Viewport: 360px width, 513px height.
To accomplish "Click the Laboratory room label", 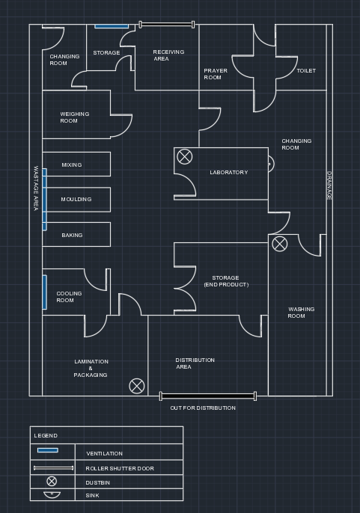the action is click(228, 173).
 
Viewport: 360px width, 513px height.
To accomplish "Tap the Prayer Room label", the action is click(216, 74).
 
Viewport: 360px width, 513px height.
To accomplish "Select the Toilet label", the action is click(306, 70).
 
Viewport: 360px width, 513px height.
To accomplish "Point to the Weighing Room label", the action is click(74, 117).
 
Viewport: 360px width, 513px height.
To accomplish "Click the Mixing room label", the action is click(72, 165).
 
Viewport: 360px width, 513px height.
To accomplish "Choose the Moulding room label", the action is click(76, 199).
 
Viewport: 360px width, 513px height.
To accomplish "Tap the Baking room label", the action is click(72, 236).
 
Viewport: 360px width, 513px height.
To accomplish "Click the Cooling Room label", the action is click(69, 297).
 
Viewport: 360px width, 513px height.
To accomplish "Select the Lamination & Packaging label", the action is click(91, 368).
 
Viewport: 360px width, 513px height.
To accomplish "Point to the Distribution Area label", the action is click(195, 363).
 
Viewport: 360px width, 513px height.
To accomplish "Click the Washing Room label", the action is click(301, 313).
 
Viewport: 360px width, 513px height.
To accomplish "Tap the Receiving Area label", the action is click(168, 55).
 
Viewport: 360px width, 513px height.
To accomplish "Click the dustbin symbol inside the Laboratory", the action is click(185, 156).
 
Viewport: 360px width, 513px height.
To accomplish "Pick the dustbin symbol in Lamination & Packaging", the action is click(137, 386).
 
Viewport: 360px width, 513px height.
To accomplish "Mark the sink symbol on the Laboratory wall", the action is click(271, 164).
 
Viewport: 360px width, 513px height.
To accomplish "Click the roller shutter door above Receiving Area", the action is click(167, 25).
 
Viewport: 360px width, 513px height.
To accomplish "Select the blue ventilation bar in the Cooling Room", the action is click(45, 292).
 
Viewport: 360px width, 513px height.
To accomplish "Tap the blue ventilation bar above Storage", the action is click(112, 26).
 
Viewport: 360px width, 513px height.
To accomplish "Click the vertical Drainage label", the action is click(329, 185).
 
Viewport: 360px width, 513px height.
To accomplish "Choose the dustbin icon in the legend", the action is click(52, 482).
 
